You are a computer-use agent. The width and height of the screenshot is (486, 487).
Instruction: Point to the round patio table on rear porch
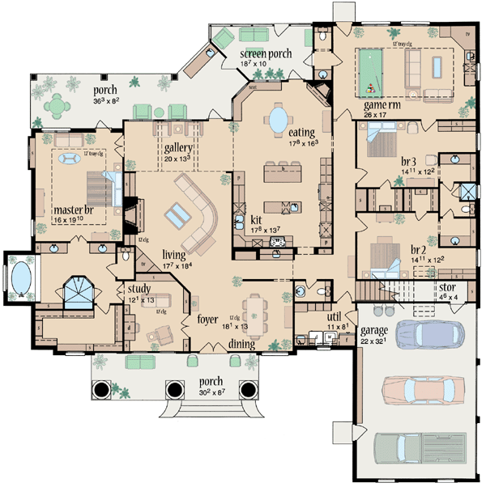pos(58,105)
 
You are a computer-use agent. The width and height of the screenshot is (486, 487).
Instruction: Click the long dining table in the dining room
pos(256,309)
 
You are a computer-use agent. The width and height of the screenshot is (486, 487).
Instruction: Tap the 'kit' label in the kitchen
pos(255,219)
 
